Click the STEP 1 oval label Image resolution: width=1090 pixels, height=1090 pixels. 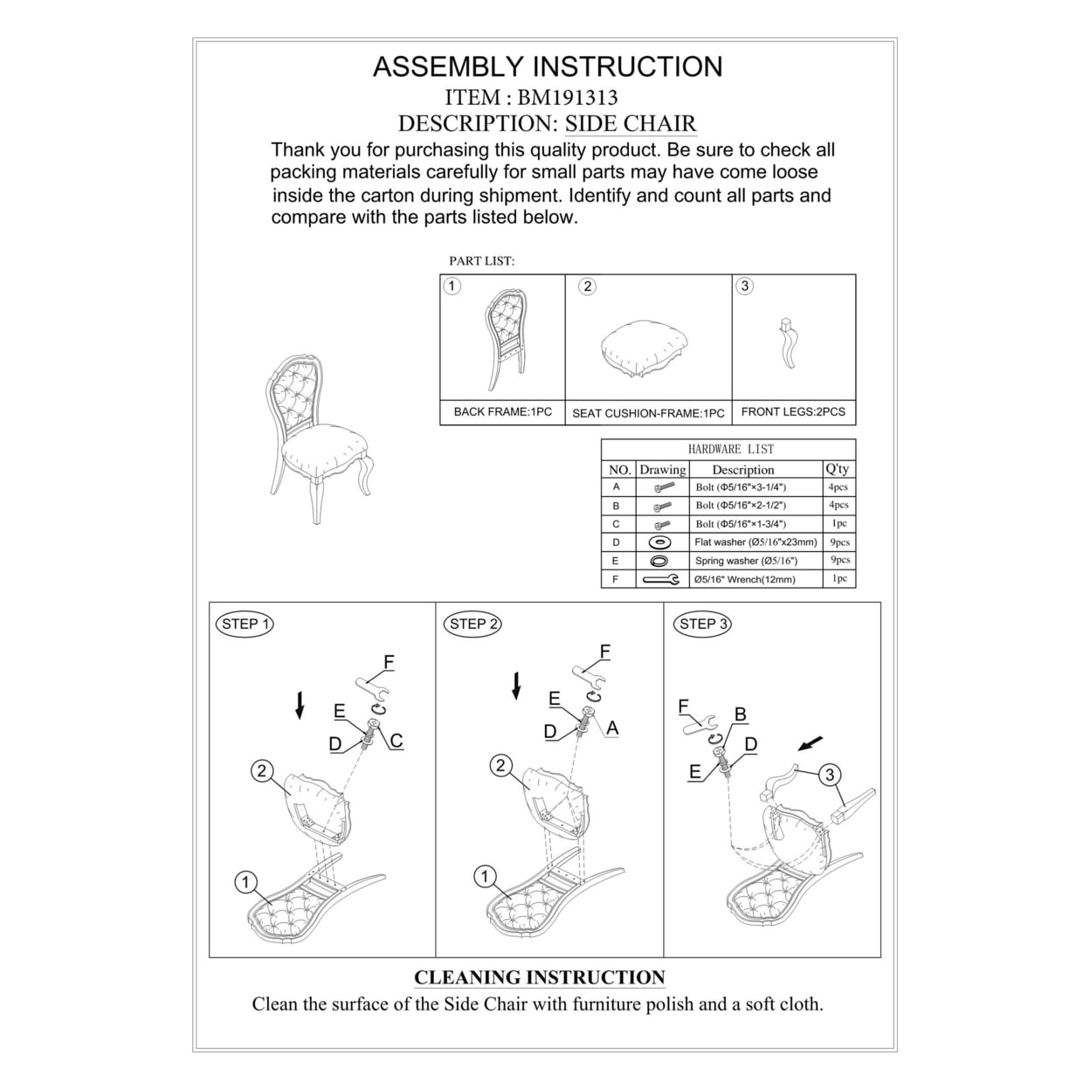coord(243,624)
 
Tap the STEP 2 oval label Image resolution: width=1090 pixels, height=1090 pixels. coord(473,624)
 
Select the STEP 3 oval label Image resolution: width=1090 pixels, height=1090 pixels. coord(703,624)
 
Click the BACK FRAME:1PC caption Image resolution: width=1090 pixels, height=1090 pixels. coord(502,411)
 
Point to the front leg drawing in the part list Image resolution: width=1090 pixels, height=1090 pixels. coord(789,345)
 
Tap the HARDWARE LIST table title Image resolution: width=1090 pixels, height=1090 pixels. coord(730,449)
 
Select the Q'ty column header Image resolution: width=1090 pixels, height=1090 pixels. coord(837,469)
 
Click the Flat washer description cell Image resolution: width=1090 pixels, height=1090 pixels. coord(755,542)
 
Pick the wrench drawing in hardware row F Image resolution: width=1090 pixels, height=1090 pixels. coord(660,579)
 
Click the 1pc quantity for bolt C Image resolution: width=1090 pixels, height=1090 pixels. coord(838,524)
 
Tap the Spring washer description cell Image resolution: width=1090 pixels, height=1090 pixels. coord(746,561)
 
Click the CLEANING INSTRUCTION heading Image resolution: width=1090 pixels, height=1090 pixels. coord(539,977)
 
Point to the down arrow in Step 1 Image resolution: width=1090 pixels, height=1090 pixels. coord(300,704)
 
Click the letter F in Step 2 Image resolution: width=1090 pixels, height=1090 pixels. coord(604,652)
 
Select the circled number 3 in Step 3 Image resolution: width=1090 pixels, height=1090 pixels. coord(830,774)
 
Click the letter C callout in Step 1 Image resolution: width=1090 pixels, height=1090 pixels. coord(397,742)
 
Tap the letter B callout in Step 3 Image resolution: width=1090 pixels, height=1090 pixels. coord(741,714)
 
